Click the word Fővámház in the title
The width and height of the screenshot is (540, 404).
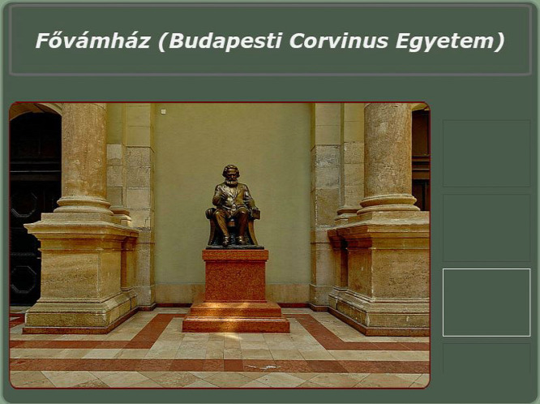tap(93, 41)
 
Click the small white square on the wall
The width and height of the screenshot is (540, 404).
tap(163, 111)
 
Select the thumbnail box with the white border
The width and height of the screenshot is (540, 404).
tap(486, 303)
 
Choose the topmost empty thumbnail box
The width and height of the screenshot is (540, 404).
tap(486, 153)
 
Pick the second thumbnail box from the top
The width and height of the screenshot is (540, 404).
tap(486, 228)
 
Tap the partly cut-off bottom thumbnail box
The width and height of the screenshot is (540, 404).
tap(486, 358)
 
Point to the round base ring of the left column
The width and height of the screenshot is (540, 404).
tap(83, 204)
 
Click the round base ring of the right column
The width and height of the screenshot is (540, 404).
tap(388, 204)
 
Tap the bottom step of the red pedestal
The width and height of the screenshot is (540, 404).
tap(236, 324)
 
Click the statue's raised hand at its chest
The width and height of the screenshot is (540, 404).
tap(224, 197)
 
